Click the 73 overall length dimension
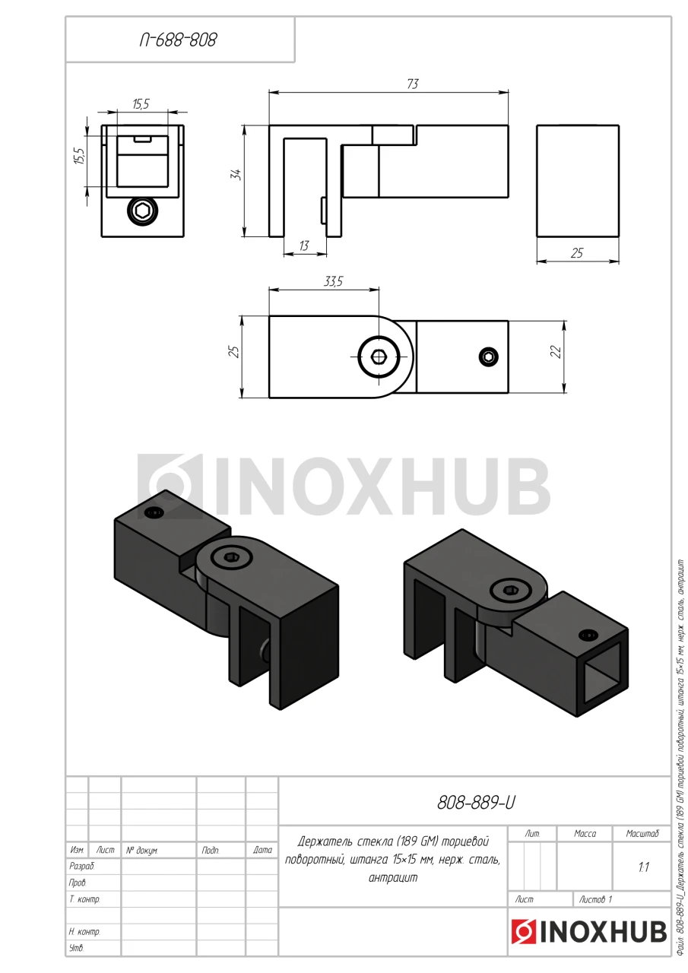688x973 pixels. [413, 84]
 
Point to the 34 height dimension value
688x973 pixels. [236, 175]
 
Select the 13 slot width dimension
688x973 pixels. [304, 246]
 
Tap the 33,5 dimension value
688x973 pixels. [333, 281]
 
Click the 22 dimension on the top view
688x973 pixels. [556, 351]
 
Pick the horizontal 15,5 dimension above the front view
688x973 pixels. [141, 104]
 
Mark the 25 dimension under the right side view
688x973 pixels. [577, 253]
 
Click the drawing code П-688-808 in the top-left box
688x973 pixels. [178, 40]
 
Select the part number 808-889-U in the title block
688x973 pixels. [476, 803]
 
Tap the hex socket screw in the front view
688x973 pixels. [142, 211]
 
